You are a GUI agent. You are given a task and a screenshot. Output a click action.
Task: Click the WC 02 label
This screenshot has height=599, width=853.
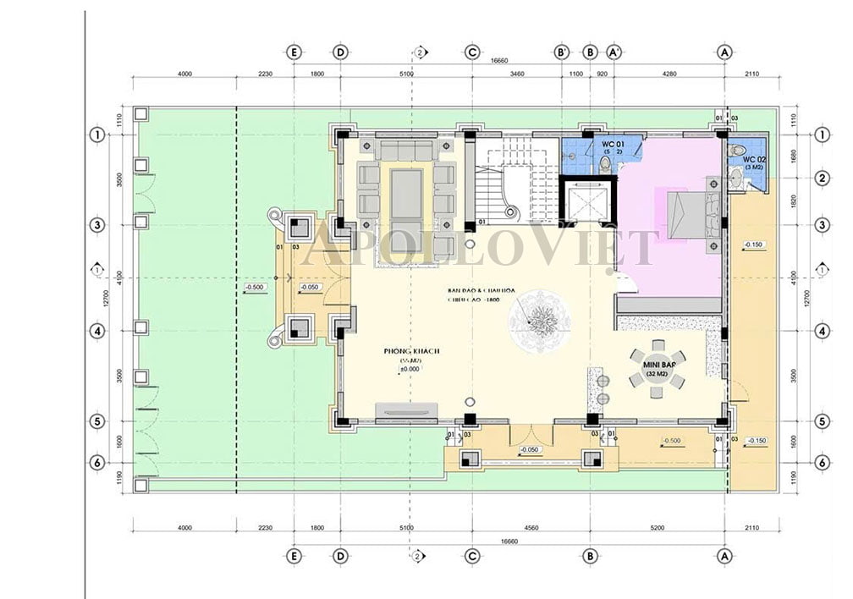[753, 159]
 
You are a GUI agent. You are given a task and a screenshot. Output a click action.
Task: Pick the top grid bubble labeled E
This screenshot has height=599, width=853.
[294, 52]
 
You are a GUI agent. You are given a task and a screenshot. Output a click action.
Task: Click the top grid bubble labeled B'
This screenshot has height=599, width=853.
[562, 52]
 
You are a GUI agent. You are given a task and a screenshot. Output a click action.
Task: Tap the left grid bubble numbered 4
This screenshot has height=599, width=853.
[97, 331]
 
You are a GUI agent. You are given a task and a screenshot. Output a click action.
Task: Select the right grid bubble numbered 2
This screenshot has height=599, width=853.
[821, 179]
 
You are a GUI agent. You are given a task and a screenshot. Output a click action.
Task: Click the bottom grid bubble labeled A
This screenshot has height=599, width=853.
[724, 556]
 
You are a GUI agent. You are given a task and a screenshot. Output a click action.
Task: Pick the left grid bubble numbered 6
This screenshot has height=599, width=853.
[97, 463]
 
